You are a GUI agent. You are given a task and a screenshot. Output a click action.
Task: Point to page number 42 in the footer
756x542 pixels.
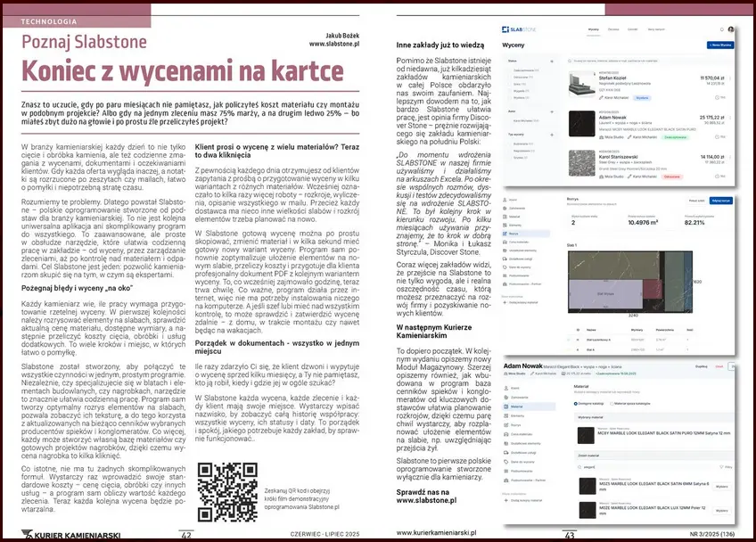pos(186,535)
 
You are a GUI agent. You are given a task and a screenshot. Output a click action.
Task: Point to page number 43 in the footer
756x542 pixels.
pos(568,535)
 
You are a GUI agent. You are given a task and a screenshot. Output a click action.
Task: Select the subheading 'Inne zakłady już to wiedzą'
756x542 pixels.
pos(440,42)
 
